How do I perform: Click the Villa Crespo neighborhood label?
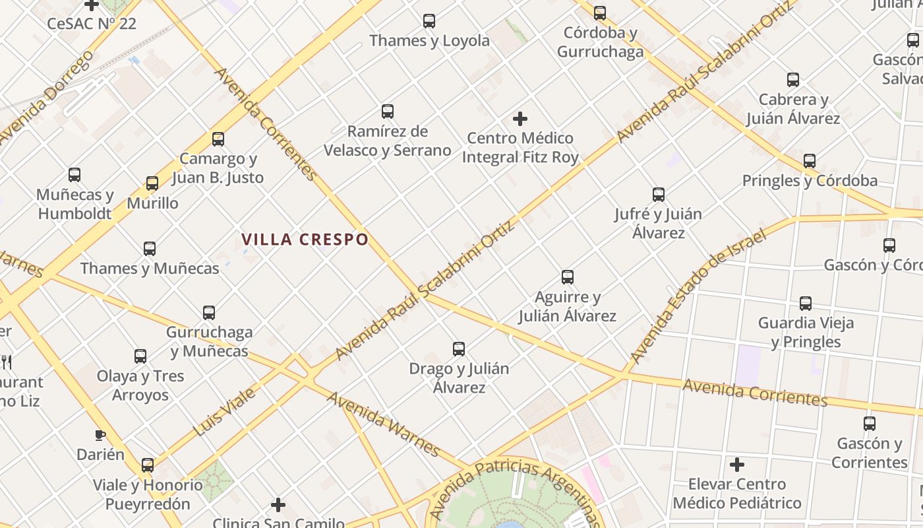[x=305, y=239]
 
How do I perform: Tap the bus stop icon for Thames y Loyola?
[x=429, y=21]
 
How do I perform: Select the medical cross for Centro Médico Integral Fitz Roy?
[x=520, y=119]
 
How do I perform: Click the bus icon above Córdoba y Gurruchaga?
[x=600, y=13]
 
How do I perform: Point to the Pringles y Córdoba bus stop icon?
[x=810, y=161]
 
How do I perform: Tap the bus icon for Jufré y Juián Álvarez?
[x=659, y=195]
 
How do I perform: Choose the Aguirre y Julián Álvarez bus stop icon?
[x=568, y=277]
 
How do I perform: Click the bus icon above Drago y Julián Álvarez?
[x=459, y=349]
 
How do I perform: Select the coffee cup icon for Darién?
[x=100, y=435]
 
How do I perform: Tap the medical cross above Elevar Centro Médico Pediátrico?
[x=737, y=465]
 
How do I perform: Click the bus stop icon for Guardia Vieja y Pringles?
[x=806, y=304]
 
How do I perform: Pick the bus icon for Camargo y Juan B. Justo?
[x=218, y=139]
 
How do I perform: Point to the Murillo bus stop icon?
[x=152, y=183]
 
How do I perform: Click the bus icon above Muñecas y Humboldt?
[x=74, y=175]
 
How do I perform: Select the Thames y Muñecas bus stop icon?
[x=150, y=249]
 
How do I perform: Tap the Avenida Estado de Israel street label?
[x=698, y=296]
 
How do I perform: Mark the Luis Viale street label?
[x=224, y=412]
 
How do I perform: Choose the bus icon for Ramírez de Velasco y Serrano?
[x=388, y=112]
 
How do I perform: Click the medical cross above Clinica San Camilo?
[x=278, y=506]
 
